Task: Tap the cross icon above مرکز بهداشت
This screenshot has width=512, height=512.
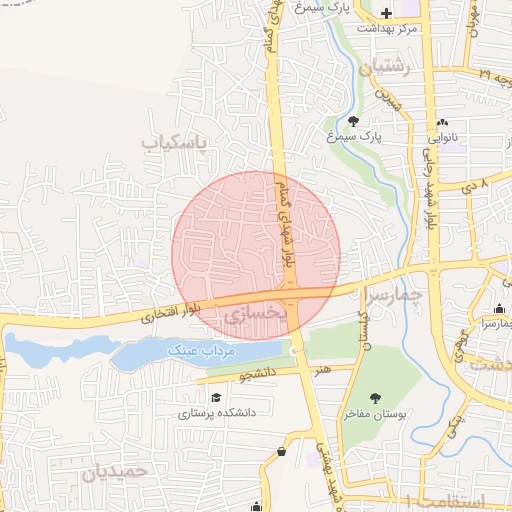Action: pos(387,12)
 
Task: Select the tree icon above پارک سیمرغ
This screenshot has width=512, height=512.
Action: pos(353,121)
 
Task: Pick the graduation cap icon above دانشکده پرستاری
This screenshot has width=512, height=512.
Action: pos(216,397)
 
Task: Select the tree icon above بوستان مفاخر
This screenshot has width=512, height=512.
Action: pos(374,397)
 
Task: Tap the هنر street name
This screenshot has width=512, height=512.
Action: pos(322,370)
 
